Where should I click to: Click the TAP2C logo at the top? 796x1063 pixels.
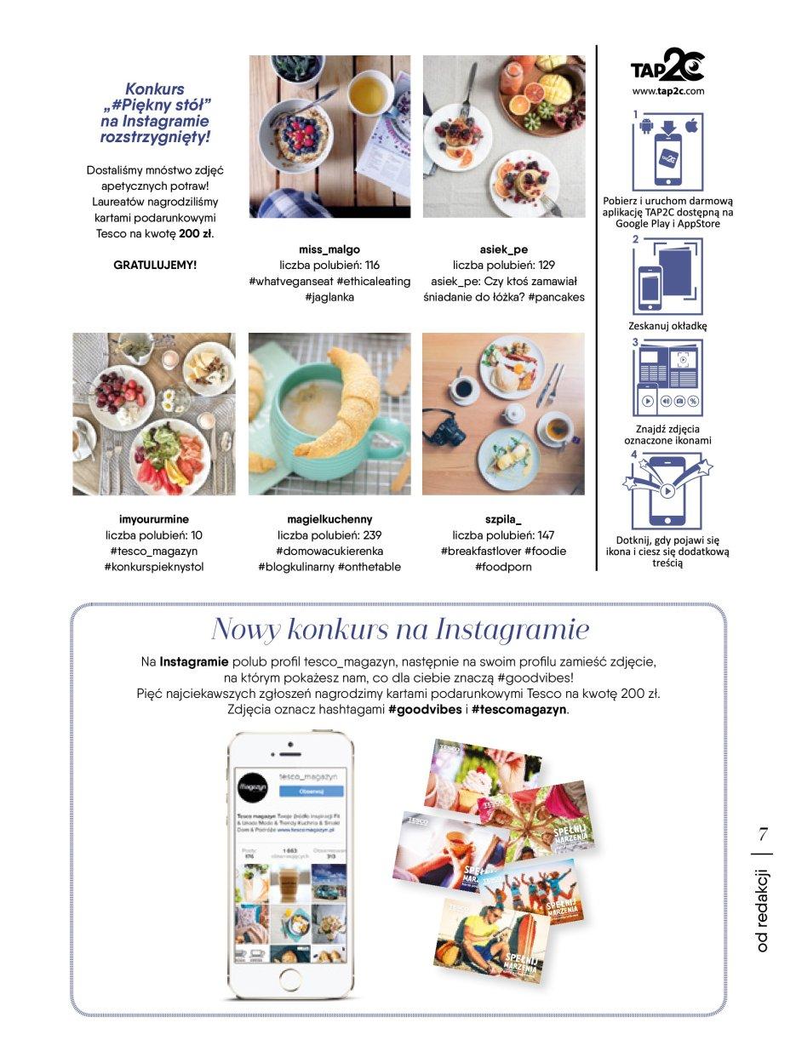tap(667, 66)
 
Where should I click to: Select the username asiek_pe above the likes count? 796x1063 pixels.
tap(504, 249)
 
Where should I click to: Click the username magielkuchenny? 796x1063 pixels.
tap(329, 519)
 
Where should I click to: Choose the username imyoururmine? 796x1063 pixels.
tap(154, 519)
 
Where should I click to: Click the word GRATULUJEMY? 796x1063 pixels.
tap(155, 266)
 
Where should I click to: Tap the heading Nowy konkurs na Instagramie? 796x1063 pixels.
tap(399, 630)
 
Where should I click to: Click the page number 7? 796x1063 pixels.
tap(763, 832)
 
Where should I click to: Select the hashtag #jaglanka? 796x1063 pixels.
tap(329, 298)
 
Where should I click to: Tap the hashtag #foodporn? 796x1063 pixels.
tap(503, 567)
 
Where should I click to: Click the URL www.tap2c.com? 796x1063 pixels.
tap(668, 90)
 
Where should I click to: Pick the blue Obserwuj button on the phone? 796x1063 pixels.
tap(311, 791)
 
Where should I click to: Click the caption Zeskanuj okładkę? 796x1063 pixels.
tap(668, 326)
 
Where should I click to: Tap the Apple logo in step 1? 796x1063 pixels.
tap(691, 127)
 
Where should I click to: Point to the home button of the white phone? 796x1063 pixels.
tap(290, 977)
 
